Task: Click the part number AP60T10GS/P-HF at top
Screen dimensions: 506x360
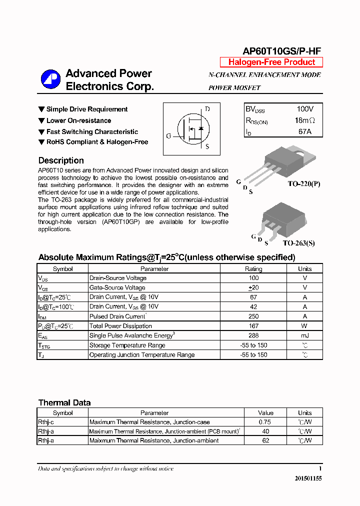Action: click(x=281, y=51)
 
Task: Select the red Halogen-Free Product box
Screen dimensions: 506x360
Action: click(x=271, y=62)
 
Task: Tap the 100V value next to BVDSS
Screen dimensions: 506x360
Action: click(x=304, y=109)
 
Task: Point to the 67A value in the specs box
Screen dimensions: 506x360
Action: click(x=304, y=131)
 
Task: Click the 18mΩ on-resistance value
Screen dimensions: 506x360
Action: click(x=304, y=120)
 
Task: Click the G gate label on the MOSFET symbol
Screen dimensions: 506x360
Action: click(x=168, y=136)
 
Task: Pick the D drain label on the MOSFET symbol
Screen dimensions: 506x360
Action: click(x=207, y=109)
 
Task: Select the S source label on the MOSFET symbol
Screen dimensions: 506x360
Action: click(x=207, y=146)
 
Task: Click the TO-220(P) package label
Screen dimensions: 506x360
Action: click(x=303, y=183)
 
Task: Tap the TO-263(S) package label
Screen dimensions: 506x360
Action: click(x=298, y=243)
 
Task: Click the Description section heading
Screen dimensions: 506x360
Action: click(x=61, y=160)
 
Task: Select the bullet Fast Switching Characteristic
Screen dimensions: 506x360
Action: click(x=92, y=132)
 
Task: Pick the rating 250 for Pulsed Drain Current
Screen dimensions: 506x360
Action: click(x=253, y=316)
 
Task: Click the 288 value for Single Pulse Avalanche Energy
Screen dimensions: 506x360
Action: click(x=253, y=335)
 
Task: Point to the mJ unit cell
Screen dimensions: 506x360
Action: click(x=304, y=335)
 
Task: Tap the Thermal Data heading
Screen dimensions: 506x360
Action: click(x=64, y=402)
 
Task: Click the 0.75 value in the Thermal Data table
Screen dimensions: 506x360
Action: click(x=265, y=422)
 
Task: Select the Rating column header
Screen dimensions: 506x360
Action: click(x=253, y=268)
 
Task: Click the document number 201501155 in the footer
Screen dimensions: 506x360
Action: click(x=308, y=478)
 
